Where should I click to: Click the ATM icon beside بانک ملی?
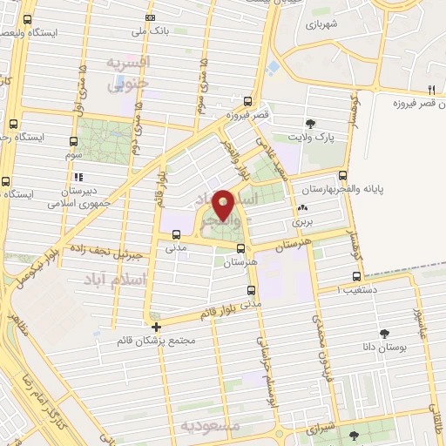[151, 17]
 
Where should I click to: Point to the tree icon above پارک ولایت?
[311, 123]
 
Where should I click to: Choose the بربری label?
[301, 222]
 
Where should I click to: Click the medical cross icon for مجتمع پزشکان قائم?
[156, 328]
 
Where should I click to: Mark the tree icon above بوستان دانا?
[383, 333]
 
